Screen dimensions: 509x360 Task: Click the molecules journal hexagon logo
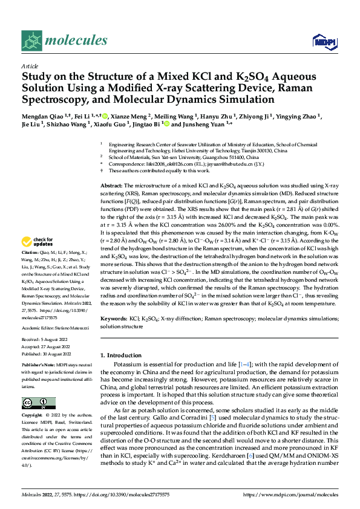click(31, 41)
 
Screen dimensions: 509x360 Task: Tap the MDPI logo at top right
click(324, 41)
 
